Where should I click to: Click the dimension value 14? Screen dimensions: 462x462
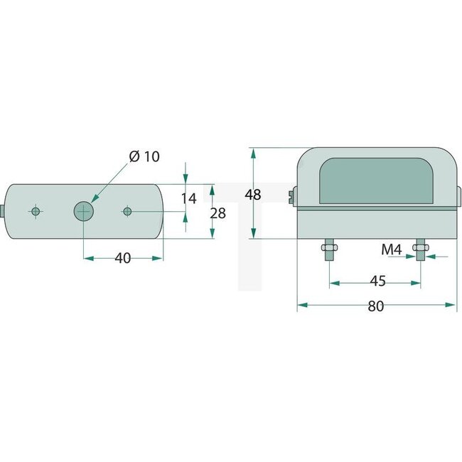click(x=188, y=198)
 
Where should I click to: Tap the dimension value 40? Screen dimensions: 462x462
click(x=123, y=258)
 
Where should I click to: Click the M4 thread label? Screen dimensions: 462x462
click(x=392, y=249)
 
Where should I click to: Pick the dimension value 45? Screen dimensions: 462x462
click(x=377, y=281)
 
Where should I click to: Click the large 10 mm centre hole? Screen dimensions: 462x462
click(x=84, y=211)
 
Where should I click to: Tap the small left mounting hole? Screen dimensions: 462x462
click(x=35, y=211)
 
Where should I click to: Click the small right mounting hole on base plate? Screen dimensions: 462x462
click(x=127, y=211)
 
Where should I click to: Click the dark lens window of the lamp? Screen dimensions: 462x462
click(x=375, y=182)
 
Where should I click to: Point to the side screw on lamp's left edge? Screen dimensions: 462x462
click(x=292, y=195)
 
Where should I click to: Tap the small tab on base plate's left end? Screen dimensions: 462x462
click(x=4, y=211)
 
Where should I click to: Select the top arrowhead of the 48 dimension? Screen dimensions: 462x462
click(x=252, y=152)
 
